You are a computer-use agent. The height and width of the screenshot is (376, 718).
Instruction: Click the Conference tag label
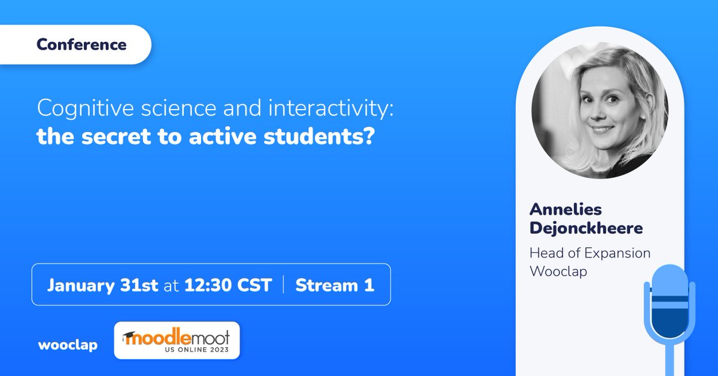coord(81,45)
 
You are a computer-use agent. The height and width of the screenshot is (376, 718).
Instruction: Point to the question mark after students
coord(369,137)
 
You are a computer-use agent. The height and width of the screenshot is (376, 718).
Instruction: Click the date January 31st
coord(103,285)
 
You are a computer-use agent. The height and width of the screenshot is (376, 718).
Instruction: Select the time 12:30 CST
coord(228,285)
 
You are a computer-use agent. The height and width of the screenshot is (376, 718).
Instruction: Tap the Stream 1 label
coord(334,285)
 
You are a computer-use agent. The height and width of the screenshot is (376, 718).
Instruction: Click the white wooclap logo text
coord(68,345)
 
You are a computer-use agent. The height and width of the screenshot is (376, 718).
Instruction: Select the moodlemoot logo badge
coord(177,341)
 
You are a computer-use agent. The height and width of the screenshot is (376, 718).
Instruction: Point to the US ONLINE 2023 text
coord(191,350)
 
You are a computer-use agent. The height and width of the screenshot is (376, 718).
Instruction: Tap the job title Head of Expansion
coord(589,253)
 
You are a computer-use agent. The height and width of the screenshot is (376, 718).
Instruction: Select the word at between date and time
coord(172,286)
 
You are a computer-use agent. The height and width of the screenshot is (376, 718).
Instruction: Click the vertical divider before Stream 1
coord(283,285)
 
